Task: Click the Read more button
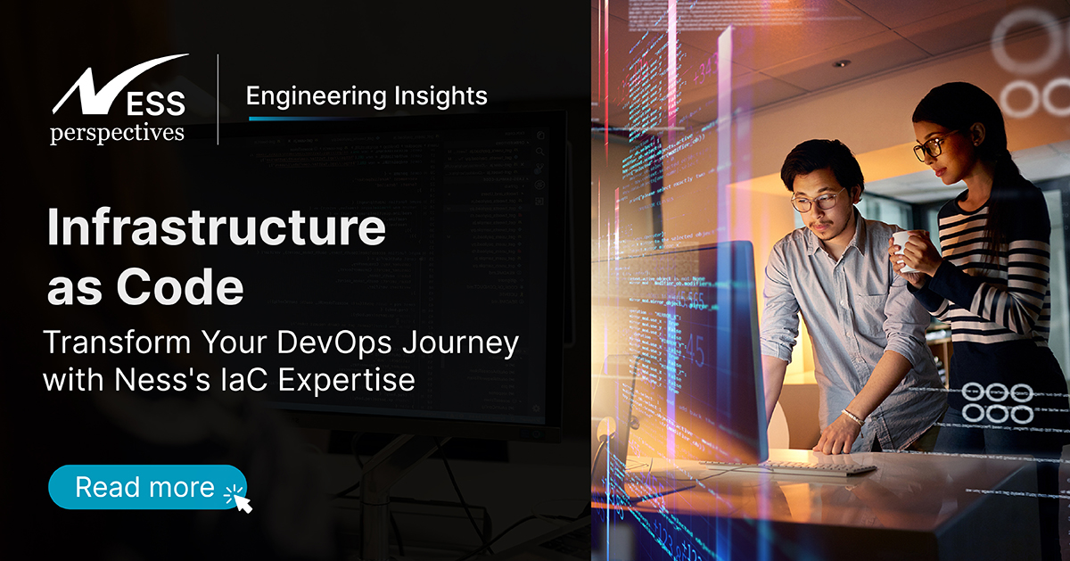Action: point(146,487)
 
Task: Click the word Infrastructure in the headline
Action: point(216,229)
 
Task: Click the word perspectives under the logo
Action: point(118,133)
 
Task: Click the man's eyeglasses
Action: point(816,201)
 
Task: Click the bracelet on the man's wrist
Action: point(853,416)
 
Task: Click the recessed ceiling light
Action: point(841,63)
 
